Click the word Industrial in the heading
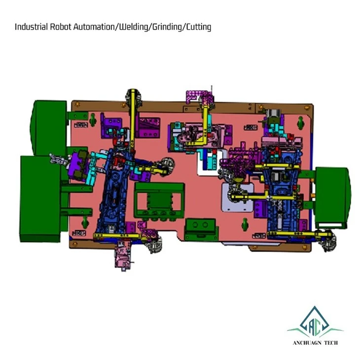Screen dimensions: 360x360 (x=31, y=27)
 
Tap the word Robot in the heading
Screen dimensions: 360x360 (x=61, y=27)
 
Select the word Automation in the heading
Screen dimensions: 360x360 (x=94, y=27)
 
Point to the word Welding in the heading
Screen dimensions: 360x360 (x=133, y=27)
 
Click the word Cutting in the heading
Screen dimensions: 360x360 (x=198, y=27)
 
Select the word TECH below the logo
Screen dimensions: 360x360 (x=331, y=343)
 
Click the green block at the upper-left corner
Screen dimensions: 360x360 (x=49, y=127)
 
